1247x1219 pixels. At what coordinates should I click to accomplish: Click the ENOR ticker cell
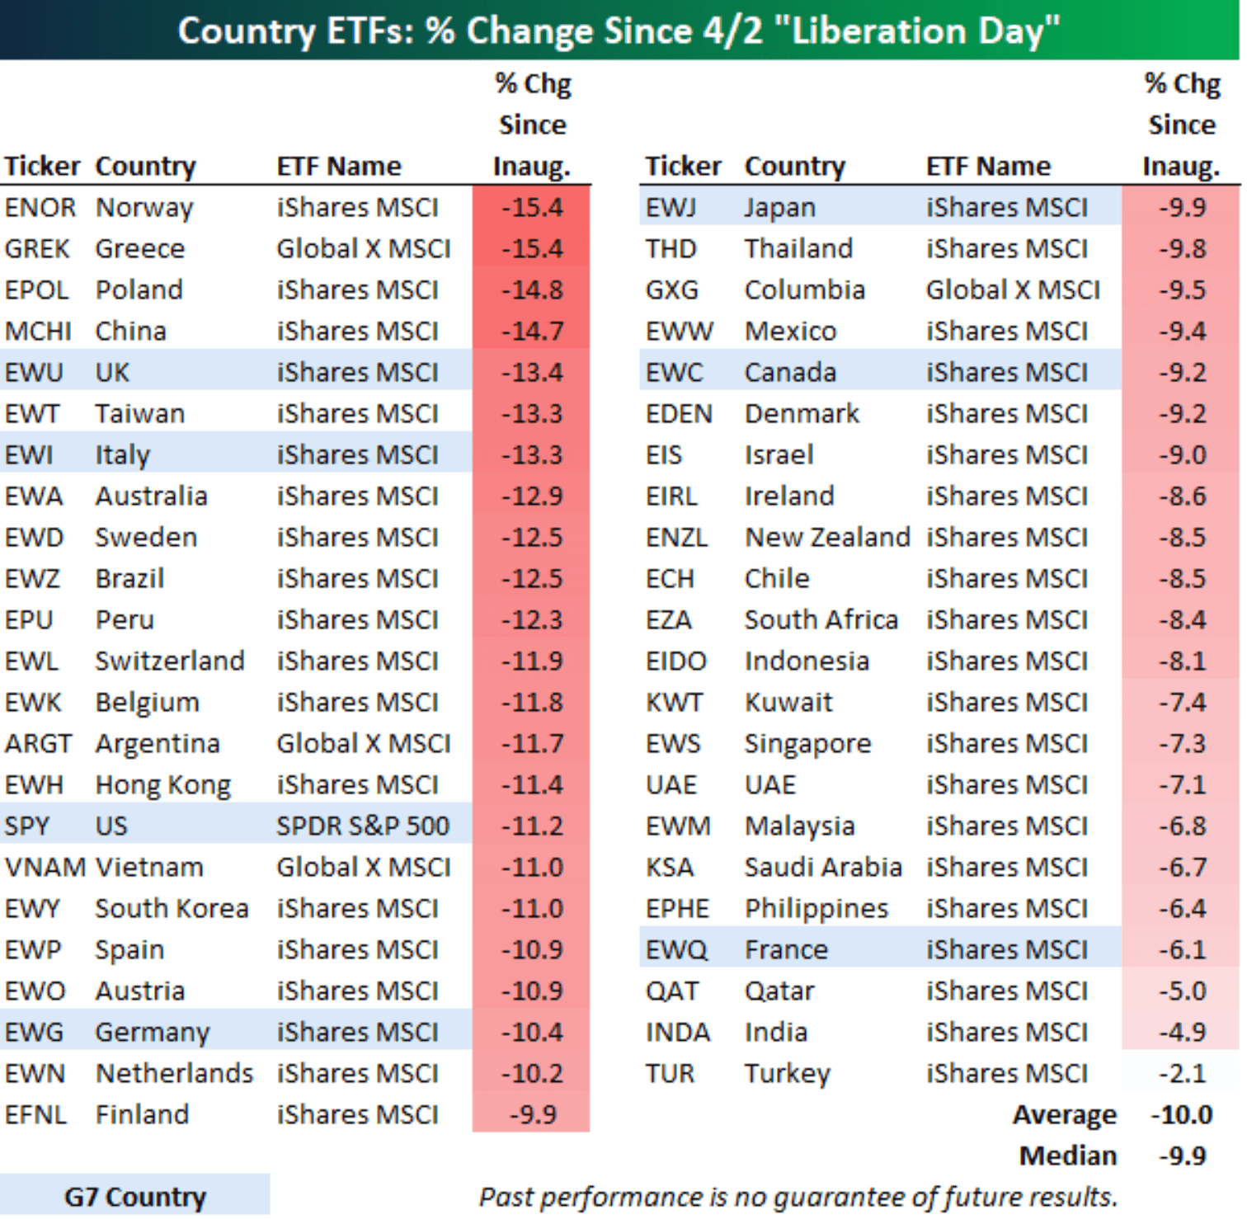40,207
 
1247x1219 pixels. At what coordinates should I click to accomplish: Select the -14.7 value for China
532,331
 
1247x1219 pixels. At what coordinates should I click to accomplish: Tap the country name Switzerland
169,661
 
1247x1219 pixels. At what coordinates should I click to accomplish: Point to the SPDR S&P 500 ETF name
362,826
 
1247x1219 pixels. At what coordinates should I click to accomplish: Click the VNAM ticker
45,867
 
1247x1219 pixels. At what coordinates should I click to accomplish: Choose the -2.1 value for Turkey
1182,1073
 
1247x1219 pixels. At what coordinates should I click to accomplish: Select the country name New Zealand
826,537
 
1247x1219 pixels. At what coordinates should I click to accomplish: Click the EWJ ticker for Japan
671,207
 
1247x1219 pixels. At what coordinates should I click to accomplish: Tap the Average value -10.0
1182,1114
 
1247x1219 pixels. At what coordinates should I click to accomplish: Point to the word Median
1067,1155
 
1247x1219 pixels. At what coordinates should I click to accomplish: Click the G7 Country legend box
134,1196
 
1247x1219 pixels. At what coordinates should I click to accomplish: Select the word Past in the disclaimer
506,1196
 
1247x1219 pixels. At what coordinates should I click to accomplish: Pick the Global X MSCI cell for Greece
363,248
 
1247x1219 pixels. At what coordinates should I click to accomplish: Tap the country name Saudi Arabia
822,867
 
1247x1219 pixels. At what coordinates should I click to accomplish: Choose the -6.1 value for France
1182,949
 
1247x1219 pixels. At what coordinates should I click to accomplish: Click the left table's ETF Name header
338,166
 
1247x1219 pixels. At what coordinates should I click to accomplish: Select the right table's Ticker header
683,166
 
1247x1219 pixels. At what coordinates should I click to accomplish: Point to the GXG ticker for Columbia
671,289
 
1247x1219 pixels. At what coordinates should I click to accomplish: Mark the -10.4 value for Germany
532,1032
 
